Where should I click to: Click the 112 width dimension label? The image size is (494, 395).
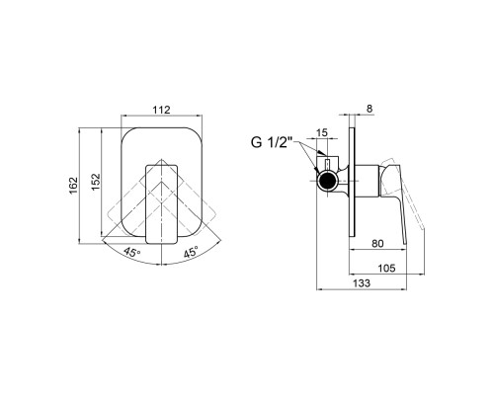(x=161, y=110)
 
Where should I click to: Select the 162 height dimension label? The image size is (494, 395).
(x=74, y=186)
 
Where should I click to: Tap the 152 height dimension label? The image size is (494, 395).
(x=96, y=182)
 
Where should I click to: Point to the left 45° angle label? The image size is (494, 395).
(x=132, y=253)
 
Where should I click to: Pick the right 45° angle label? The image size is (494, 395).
(x=191, y=252)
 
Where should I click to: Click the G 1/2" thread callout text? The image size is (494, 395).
(x=272, y=143)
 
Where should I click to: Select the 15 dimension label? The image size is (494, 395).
(x=322, y=132)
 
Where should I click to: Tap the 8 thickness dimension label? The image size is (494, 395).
(x=370, y=109)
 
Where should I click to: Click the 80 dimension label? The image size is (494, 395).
(x=377, y=244)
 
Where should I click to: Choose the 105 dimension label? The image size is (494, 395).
(x=386, y=269)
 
